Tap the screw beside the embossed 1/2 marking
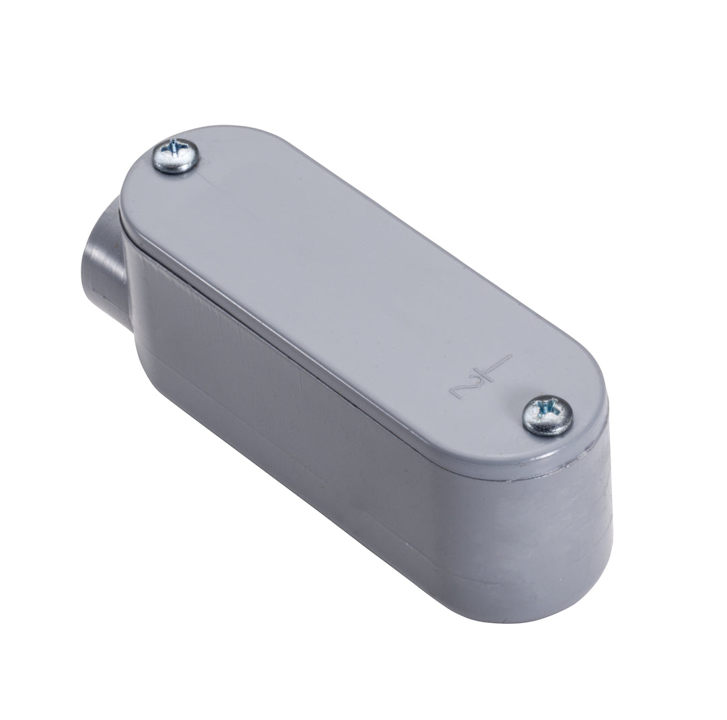[x=547, y=415]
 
